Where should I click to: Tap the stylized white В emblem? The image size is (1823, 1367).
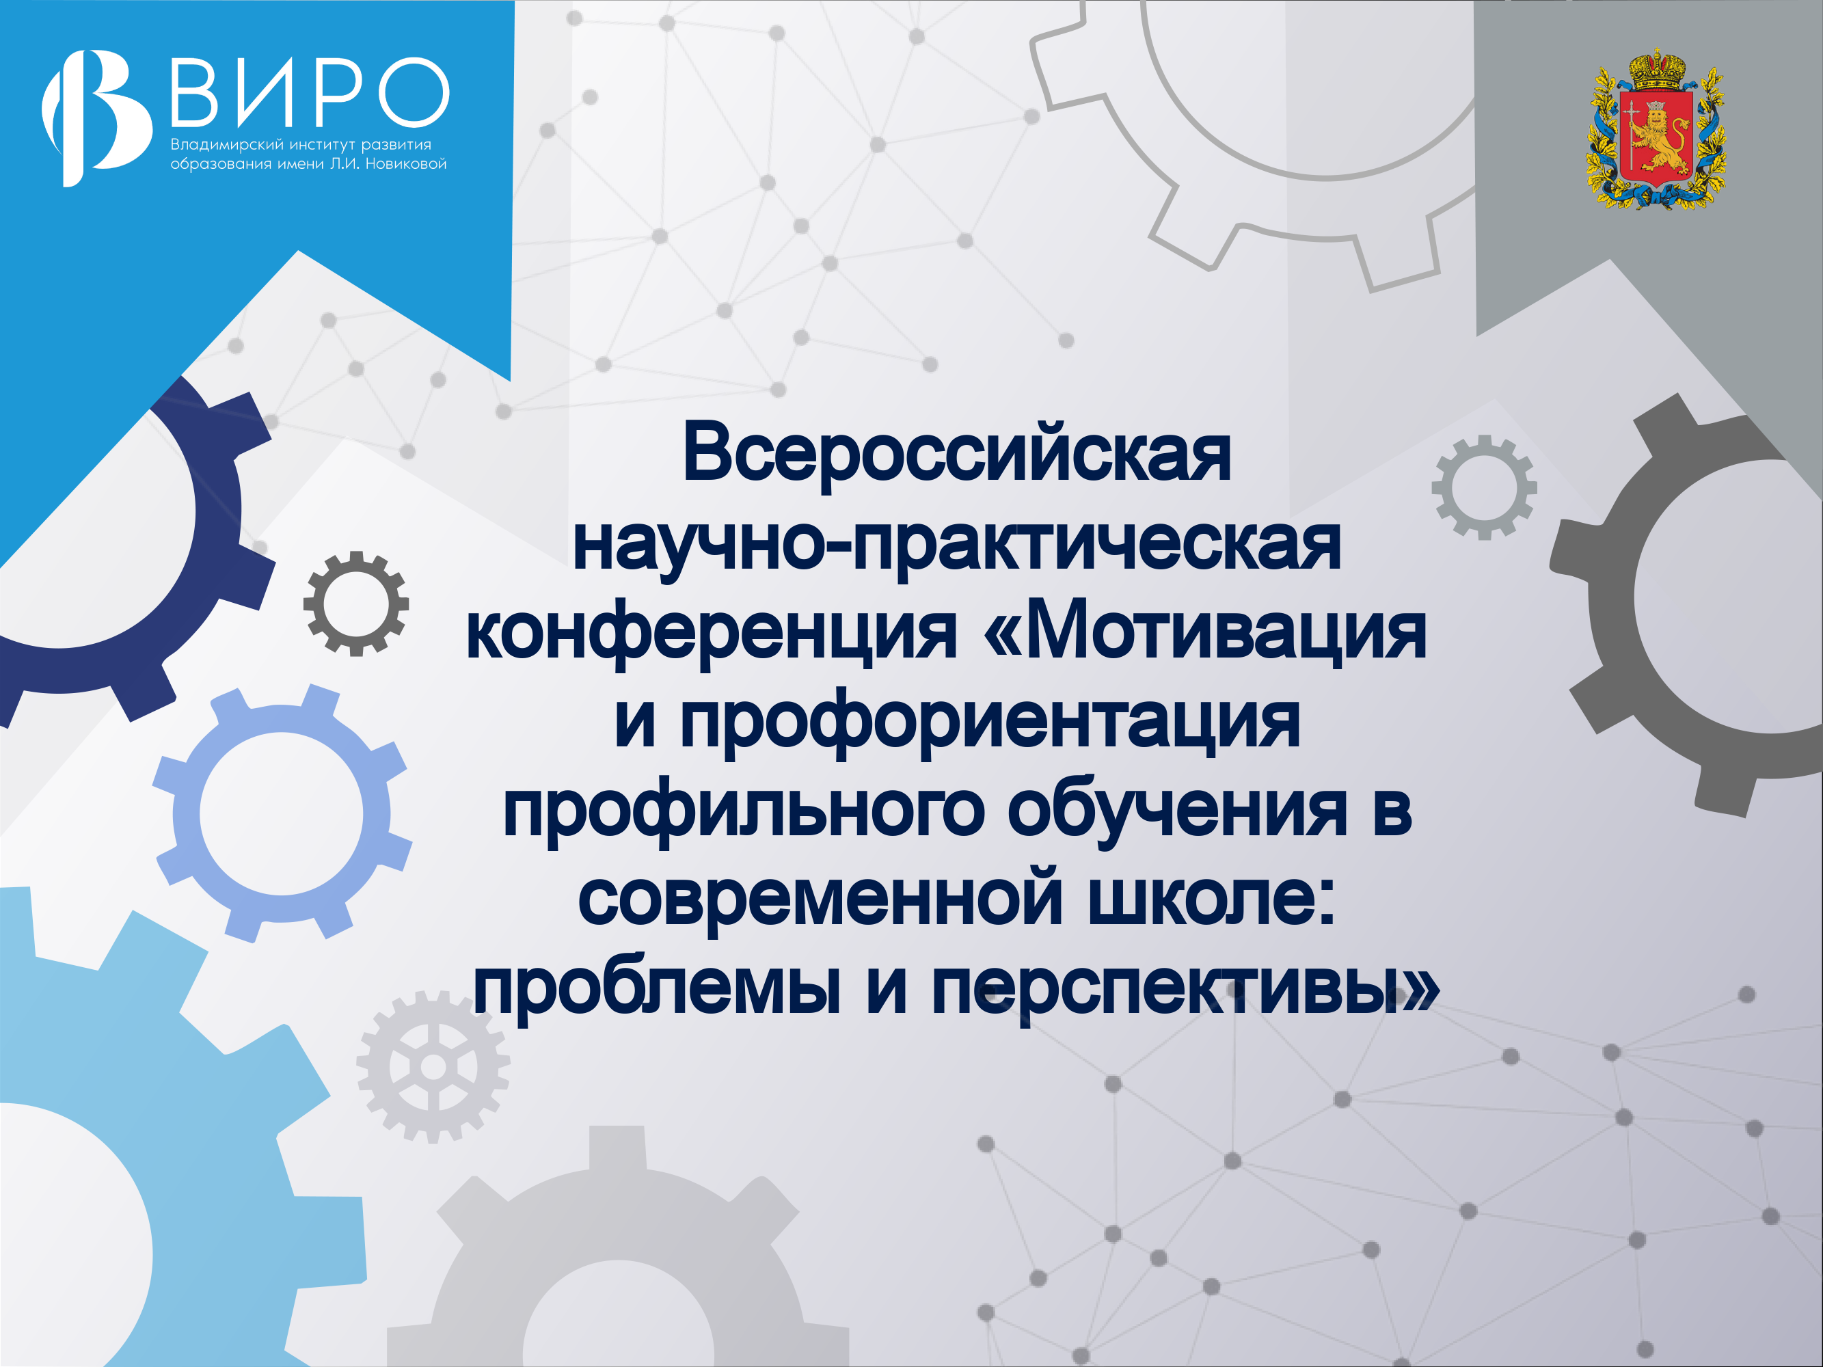(96, 118)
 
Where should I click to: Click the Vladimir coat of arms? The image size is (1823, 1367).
(1656, 128)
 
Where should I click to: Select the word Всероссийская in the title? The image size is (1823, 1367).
(957, 453)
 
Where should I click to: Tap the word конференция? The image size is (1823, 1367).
(712, 634)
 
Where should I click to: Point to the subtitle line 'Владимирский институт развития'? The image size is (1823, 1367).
(301, 144)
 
